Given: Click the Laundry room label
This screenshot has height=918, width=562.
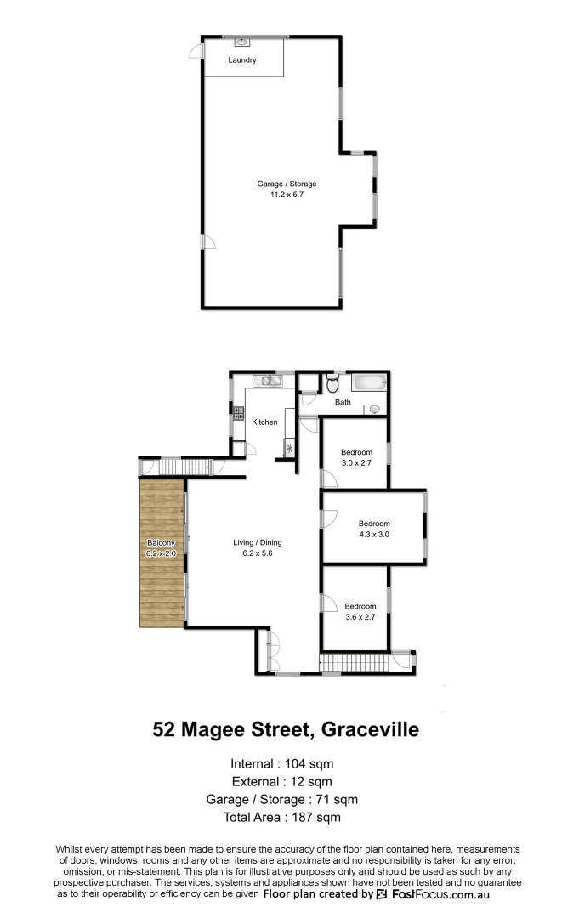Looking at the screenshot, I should [x=242, y=60].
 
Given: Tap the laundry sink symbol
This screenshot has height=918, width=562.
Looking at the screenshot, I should [x=241, y=41].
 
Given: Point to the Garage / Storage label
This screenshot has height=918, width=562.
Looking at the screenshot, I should [x=287, y=183].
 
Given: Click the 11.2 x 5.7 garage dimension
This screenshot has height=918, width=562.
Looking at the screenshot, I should [x=287, y=194].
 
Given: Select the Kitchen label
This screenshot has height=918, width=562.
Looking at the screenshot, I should [x=265, y=422].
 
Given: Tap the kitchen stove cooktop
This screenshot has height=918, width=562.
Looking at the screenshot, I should [x=238, y=416].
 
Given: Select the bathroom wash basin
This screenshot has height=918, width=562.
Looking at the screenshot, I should [x=375, y=409].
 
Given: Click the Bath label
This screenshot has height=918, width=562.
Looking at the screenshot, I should [x=343, y=402].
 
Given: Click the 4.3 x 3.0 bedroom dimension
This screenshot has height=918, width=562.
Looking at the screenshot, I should [x=374, y=534].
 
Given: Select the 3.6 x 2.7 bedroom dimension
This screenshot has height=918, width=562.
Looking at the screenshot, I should [x=359, y=617].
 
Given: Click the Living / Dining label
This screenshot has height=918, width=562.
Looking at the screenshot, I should [x=258, y=542].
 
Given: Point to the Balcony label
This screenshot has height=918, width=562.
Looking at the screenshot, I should [x=161, y=542].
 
